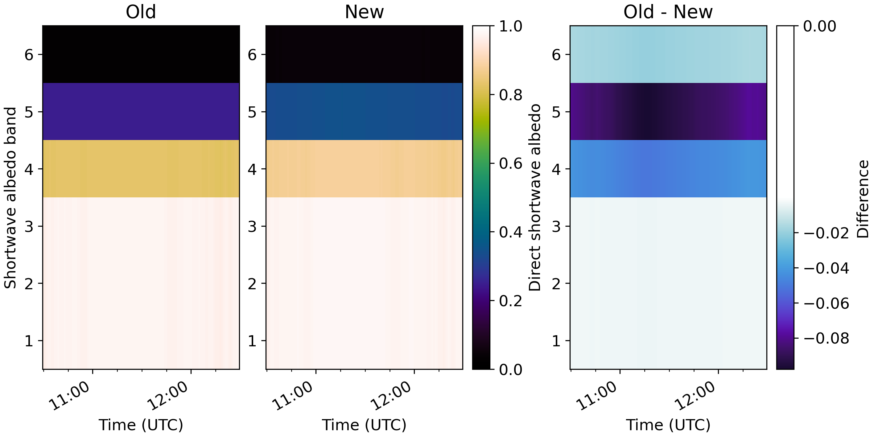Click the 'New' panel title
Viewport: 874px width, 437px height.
tap(364, 12)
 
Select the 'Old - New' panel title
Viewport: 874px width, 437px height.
tap(668, 12)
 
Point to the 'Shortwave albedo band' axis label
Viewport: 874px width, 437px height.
tap(10, 198)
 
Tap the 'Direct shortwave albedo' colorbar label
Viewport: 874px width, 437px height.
tap(535, 198)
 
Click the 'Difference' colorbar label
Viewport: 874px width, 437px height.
tap(863, 199)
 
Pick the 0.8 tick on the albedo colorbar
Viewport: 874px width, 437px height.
tap(510, 95)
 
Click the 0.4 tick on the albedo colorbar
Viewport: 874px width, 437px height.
tap(510, 233)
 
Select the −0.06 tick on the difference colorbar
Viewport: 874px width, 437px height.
tap(826, 303)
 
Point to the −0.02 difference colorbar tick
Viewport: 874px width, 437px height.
tap(826, 233)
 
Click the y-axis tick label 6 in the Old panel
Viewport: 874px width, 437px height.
tap(29, 55)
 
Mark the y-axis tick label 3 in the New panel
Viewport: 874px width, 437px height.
tap(252, 226)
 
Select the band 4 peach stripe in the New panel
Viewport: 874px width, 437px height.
tap(364, 169)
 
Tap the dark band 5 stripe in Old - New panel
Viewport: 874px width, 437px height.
tap(668, 112)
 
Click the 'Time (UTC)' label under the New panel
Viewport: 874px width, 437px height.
tap(364, 425)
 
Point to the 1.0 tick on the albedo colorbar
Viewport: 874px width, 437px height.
tap(510, 27)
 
